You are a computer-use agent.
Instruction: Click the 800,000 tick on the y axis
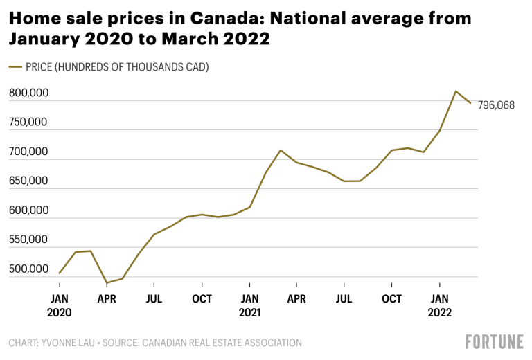click(x=29, y=93)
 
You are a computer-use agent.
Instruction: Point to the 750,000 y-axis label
click(x=29, y=123)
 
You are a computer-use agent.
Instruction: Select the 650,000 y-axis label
click(x=29, y=181)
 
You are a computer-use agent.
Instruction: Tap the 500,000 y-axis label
click(x=29, y=269)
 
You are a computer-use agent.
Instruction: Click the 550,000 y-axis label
click(x=29, y=240)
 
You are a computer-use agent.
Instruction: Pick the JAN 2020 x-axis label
click(x=60, y=305)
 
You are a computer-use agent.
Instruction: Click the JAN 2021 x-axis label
click(x=249, y=305)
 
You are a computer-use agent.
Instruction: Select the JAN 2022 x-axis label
click(x=439, y=305)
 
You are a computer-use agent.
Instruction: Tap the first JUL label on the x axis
click(x=154, y=299)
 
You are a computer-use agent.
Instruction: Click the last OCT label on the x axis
click(x=392, y=299)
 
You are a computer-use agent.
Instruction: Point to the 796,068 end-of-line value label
click(x=496, y=105)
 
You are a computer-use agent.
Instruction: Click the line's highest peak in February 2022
click(x=456, y=91)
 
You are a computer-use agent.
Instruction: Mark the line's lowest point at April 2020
click(x=107, y=283)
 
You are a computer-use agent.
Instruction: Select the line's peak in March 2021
click(x=281, y=150)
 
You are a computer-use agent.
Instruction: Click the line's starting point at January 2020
click(x=60, y=273)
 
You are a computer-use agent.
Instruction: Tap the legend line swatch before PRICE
click(x=16, y=67)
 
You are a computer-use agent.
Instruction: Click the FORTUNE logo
click(x=493, y=342)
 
